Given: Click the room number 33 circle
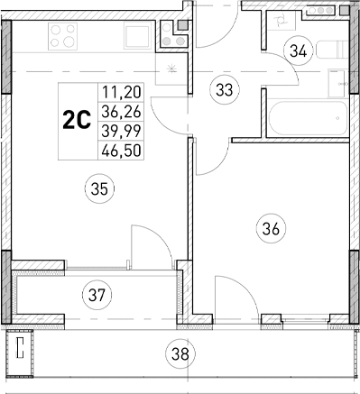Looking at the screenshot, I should tap(222, 88).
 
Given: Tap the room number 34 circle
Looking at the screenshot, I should tap(298, 51).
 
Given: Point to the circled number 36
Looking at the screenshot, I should tap(268, 228).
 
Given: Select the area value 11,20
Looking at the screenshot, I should tap(121, 91).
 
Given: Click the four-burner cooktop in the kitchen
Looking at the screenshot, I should tap(60, 37).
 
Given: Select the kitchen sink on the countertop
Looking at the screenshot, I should tap(138, 37).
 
